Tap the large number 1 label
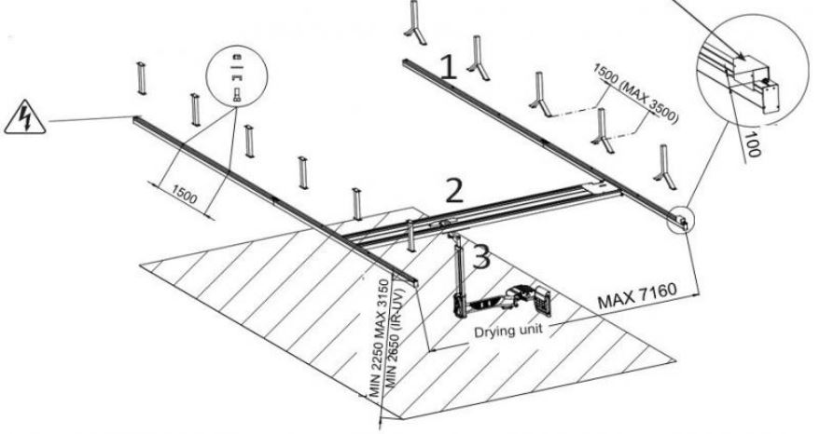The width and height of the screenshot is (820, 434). (x=449, y=66)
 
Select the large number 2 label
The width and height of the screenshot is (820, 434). (x=453, y=190)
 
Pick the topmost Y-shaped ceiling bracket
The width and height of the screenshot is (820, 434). (x=412, y=24)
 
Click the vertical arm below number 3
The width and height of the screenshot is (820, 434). (x=458, y=279)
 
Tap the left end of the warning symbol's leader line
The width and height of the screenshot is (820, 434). (x=52, y=121)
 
